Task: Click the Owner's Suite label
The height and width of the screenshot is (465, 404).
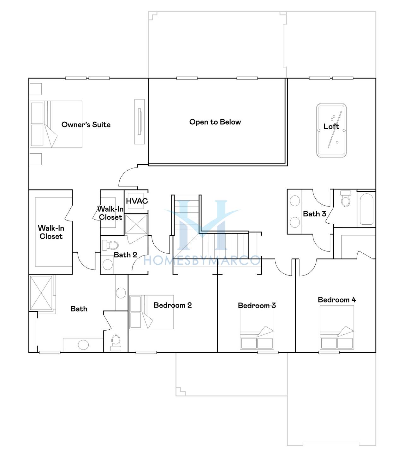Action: click(86, 125)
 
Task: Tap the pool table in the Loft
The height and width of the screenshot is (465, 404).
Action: click(331, 131)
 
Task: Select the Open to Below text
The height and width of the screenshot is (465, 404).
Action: click(215, 122)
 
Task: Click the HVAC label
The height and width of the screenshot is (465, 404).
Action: click(137, 201)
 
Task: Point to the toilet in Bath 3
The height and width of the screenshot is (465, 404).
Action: click(346, 199)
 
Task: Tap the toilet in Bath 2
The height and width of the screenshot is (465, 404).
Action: click(110, 245)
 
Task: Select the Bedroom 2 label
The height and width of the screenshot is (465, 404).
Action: click(173, 305)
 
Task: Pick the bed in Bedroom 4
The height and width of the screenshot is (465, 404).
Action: click(337, 327)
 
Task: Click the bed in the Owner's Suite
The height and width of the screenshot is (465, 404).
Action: click(56, 124)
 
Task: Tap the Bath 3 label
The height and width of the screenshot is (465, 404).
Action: click(314, 214)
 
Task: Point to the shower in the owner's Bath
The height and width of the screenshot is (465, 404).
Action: click(41, 293)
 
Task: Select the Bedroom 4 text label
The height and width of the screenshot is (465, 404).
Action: click(337, 300)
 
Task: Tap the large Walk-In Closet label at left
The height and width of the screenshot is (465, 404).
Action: click(51, 232)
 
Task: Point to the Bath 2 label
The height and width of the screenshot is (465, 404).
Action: click(125, 255)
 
